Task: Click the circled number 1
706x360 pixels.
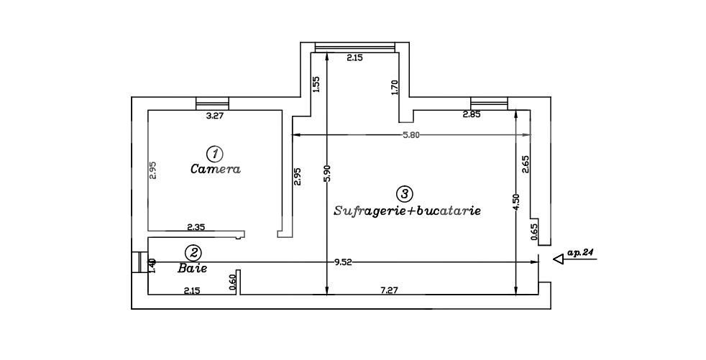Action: click(x=214, y=153)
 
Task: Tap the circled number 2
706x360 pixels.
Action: click(x=193, y=252)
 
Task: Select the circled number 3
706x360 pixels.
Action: click(x=405, y=193)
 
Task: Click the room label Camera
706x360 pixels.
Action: click(x=215, y=170)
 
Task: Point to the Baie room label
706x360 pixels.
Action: click(x=192, y=268)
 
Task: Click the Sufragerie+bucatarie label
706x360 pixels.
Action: click(x=407, y=211)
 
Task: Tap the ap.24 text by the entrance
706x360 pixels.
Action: click(x=581, y=253)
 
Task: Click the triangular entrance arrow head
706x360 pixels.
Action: click(x=559, y=259)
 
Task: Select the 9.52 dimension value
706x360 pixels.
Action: click(x=344, y=263)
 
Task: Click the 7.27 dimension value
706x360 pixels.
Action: click(x=390, y=290)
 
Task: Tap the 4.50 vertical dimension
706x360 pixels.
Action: click(x=515, y=200)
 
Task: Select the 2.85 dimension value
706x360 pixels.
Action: click(x=472, y=115)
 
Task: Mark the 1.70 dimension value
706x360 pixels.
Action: click(x=394, y=88)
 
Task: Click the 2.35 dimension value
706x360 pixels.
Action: click(x=196, y=227)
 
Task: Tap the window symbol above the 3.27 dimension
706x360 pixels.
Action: click(x=212, y=103)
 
